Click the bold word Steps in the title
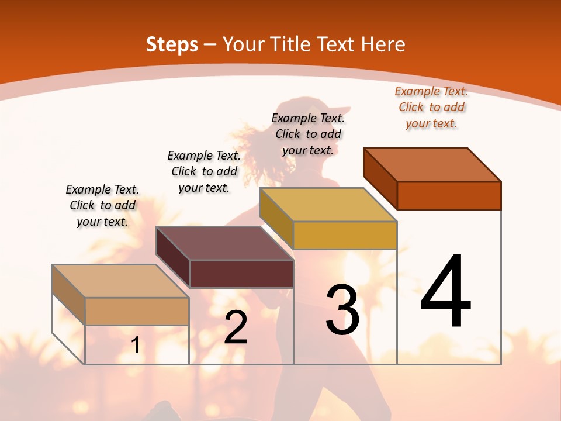172,44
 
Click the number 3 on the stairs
342,310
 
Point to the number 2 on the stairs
236,327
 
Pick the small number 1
136,346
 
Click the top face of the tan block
120,281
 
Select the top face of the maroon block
224,243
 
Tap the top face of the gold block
328,205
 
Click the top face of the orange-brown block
432,164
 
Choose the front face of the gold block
345,235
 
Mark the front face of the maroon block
241,274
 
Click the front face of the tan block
137,311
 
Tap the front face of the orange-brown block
449,195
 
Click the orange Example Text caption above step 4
431,107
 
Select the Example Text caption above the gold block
308,134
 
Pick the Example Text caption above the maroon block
204,171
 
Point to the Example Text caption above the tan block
102,205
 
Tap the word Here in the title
383,44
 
